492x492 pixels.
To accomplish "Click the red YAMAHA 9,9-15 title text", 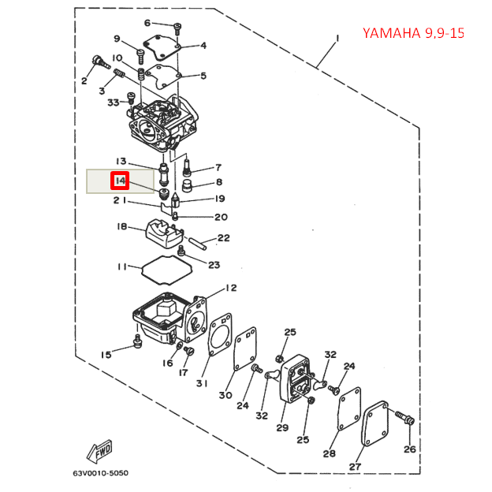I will (412, 33).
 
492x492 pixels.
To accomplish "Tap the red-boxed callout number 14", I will (120, 181).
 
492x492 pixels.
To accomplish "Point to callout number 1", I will (337, 38).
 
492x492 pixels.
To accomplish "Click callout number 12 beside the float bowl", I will (230, 288).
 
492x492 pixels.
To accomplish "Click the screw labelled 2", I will (99, 61).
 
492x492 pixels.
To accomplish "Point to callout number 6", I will (147, 23).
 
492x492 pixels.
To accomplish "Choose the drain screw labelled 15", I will (137, 341).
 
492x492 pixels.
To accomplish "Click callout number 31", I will (202, 384).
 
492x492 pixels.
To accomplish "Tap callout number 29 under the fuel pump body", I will (281, 428).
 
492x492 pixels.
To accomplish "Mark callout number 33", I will (112, 102).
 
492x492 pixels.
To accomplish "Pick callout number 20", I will (221, 218).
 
